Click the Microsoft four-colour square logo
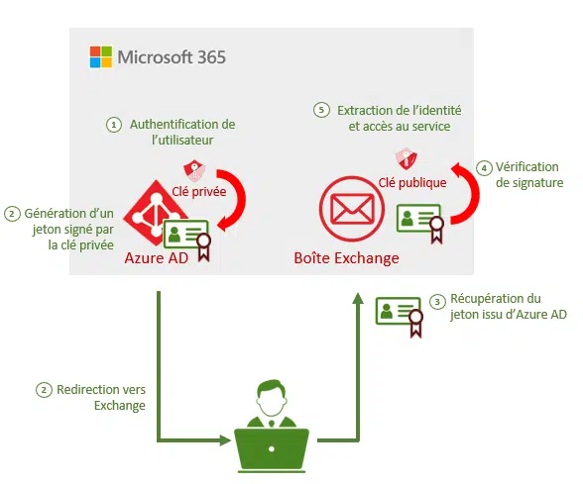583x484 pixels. coord(101,56)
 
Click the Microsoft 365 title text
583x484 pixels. coord(172,57)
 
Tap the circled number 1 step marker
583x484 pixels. coord(114,125)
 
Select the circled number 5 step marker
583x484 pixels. coord(321,110)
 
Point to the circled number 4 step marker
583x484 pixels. coord(484,168)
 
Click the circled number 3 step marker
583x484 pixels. coord(437,302)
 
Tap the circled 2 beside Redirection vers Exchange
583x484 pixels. coord(44,390)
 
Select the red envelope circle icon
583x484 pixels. coord(351,209)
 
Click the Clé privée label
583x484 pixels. coord(199,192)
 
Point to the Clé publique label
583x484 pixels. coord(412,182)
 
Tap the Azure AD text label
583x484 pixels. coord(157,258)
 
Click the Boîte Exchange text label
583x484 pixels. coord(347,258)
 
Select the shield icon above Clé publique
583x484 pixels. coord(407,158)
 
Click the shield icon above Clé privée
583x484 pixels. coord(194,170)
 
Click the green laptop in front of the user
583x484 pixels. coord(272,450)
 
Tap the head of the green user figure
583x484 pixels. coord(272,397)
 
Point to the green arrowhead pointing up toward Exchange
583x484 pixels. coord(358,299)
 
